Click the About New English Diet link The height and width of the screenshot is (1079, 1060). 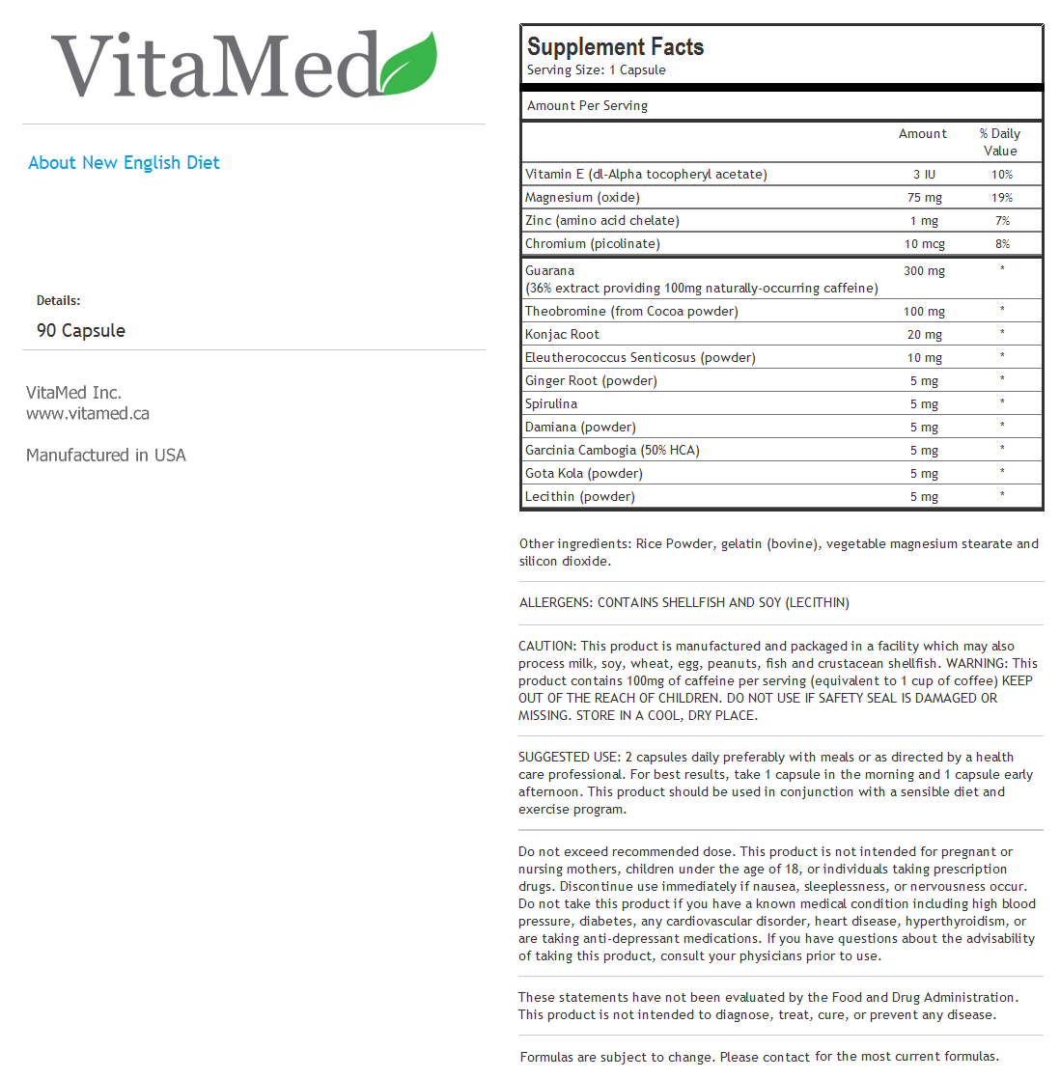click(x=124, y=163)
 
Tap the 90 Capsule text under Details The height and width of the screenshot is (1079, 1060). click(x=81, y=331)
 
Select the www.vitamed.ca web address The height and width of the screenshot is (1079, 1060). click(x=88, y=414)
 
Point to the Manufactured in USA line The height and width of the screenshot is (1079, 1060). click(x=106, y=456)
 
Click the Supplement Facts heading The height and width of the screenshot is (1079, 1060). click(x=615, y=47)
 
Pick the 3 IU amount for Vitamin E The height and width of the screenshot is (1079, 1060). click(x=924, y=175)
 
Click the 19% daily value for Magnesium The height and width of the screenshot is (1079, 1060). click(x=1002, y=198)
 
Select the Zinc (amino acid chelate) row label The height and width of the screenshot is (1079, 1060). click(x=602, y=221)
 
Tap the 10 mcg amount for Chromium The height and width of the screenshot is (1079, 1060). click(x=925, y=244)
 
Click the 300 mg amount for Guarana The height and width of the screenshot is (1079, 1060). click(x=924, y=271)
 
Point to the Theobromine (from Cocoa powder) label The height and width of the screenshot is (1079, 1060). click(x=631, y=312)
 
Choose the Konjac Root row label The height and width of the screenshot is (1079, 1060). click(x=562, y=335)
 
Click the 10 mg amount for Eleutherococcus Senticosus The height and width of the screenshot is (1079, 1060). click(x=924, y=358)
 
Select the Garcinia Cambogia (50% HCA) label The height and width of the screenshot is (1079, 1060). click(x=612, y=451)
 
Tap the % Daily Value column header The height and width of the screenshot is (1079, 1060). click(x=1000, y=142)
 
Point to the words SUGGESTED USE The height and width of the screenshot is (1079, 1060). click(x=569, y=758)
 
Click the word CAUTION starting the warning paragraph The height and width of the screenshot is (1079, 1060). click(x=546, y=647)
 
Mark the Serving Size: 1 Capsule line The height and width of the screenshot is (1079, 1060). click(x=596, y=70)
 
